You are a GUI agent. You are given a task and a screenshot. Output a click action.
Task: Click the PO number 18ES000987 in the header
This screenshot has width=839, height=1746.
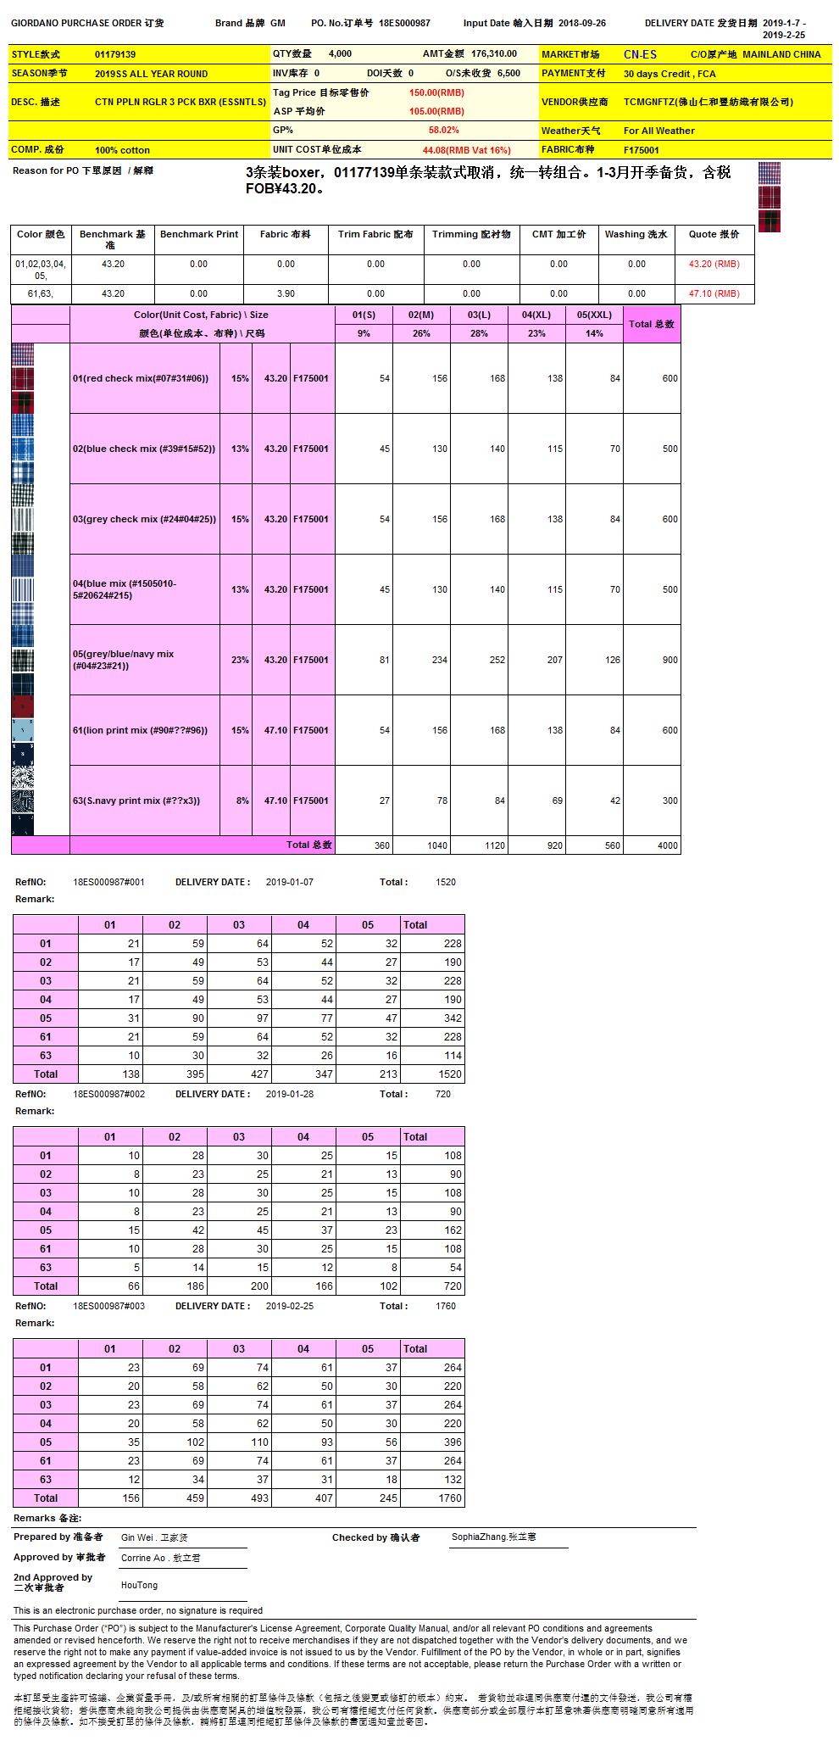click(404, 24)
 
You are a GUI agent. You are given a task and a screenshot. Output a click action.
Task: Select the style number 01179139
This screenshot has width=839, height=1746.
click(115, 54)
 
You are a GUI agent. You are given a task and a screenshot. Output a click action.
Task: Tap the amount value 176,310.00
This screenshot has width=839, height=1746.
click(493, 53)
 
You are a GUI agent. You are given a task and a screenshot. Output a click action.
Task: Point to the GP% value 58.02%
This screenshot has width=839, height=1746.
click(443, 131)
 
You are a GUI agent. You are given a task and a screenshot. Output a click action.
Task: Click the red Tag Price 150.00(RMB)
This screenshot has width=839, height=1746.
click(436, 92)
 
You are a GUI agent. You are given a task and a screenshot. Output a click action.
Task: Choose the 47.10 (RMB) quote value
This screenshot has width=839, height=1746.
click(714, 293)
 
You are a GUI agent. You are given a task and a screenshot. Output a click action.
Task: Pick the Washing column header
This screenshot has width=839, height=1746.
click(636, 234)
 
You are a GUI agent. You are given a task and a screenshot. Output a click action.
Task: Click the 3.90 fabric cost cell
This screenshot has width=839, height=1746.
click(286, 293)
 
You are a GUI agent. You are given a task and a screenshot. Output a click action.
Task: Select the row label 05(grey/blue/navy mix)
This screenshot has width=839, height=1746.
click(123, 660)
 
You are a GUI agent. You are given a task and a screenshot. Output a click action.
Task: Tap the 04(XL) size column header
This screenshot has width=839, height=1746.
click(536, 315)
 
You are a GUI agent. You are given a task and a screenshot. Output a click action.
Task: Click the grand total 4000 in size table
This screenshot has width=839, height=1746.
click(668, 845)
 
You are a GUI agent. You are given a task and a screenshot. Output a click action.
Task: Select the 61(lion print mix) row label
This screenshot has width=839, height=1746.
click(140, 730)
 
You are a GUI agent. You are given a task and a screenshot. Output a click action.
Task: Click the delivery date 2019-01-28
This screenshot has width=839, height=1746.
click(290, 1094)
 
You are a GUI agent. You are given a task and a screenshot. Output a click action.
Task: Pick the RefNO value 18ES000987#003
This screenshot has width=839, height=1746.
click(109, 1306)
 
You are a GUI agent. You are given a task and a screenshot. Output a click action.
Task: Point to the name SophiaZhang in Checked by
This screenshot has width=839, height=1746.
click(479, 1537)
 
